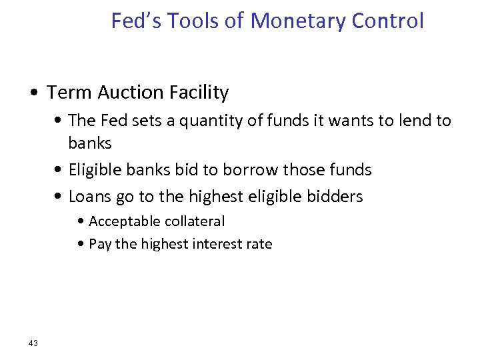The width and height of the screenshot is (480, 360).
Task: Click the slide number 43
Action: [x=33, y=343]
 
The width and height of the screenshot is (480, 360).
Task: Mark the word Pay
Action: [x=100, y=244]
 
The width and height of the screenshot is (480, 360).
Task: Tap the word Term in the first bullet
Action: [x=66, y=93]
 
